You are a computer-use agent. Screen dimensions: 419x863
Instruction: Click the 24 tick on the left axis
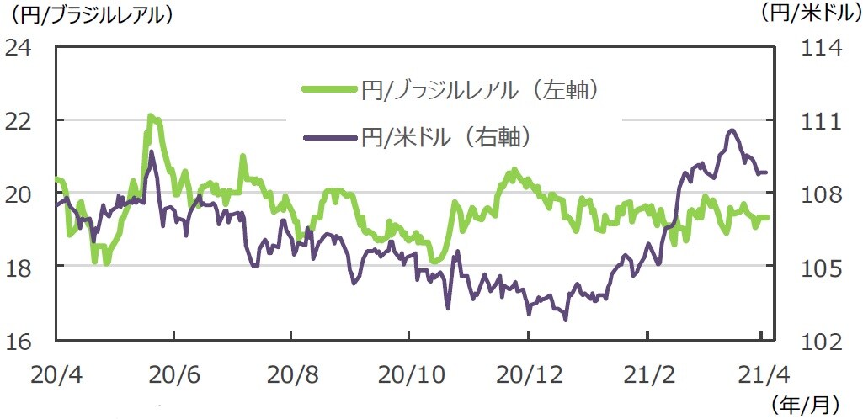coord(19,47)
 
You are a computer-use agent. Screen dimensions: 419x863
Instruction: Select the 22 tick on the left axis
coord(19,120)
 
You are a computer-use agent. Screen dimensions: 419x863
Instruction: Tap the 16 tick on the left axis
coord(19,341)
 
